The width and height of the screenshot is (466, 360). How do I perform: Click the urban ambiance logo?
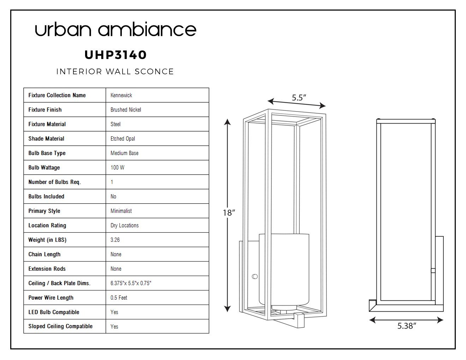[115, 29]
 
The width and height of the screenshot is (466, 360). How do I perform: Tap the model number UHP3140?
[115, 55]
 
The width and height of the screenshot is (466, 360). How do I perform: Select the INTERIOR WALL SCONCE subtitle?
[115, 72]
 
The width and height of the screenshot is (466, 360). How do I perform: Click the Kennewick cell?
[121, 95]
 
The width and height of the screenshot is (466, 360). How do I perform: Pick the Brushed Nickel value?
[126, 110]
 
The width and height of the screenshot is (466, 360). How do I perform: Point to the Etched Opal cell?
[123, 139]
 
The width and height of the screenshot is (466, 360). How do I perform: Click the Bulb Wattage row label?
[44, 167]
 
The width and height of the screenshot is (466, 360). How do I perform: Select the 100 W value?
[117, 167]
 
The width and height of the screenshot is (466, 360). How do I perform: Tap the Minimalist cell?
[121, 211]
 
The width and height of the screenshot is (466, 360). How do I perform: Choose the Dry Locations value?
[125, 225]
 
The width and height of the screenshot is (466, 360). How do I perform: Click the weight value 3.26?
[115, 240]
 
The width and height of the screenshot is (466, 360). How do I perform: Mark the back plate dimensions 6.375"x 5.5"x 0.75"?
[131, 283]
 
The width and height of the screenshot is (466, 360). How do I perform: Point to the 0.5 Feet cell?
[119, 298]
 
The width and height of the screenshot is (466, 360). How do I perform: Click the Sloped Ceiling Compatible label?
[60, 326]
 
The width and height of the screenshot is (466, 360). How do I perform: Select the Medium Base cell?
[124, 153]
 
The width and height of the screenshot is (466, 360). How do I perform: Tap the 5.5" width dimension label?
[299, 97]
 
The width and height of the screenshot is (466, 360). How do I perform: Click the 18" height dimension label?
[229, 213]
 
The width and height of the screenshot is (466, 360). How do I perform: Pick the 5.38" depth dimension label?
[407, 326]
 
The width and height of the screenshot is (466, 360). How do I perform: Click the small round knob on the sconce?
[255, 277]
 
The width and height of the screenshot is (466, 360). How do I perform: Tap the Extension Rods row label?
[47, 269]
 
